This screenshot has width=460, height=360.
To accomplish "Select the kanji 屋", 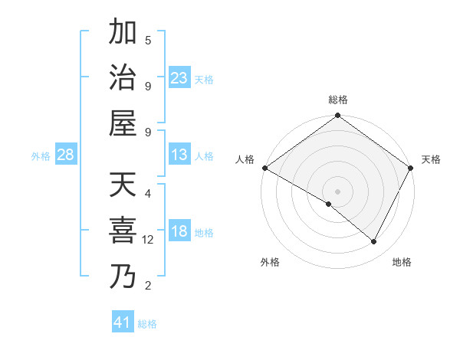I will tap(123, 123).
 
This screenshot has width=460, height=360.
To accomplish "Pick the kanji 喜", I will tap(123, 231).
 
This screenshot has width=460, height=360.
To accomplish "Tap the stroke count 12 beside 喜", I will tap(149, 240).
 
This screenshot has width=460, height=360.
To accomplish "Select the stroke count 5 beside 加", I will tap(148, 40).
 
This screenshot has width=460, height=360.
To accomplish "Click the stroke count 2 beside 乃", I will tap(148, 286).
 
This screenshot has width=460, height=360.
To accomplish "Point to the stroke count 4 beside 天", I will tap(148, 194).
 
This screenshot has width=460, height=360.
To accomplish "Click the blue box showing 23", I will tap(179, 78).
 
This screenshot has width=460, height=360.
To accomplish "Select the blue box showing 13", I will tap(179, 155).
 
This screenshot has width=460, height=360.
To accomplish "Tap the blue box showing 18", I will tap(179, 232).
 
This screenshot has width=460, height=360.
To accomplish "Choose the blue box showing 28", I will tap(66, 155).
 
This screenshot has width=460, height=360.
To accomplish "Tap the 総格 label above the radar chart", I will tap(338, 100).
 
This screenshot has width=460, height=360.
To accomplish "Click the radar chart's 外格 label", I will tap(270, 262).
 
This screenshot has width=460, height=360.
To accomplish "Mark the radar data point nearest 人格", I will tap(264, 168).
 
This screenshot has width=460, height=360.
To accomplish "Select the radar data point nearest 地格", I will tap(374, 242).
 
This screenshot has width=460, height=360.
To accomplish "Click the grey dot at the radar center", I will tap(338, 191).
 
